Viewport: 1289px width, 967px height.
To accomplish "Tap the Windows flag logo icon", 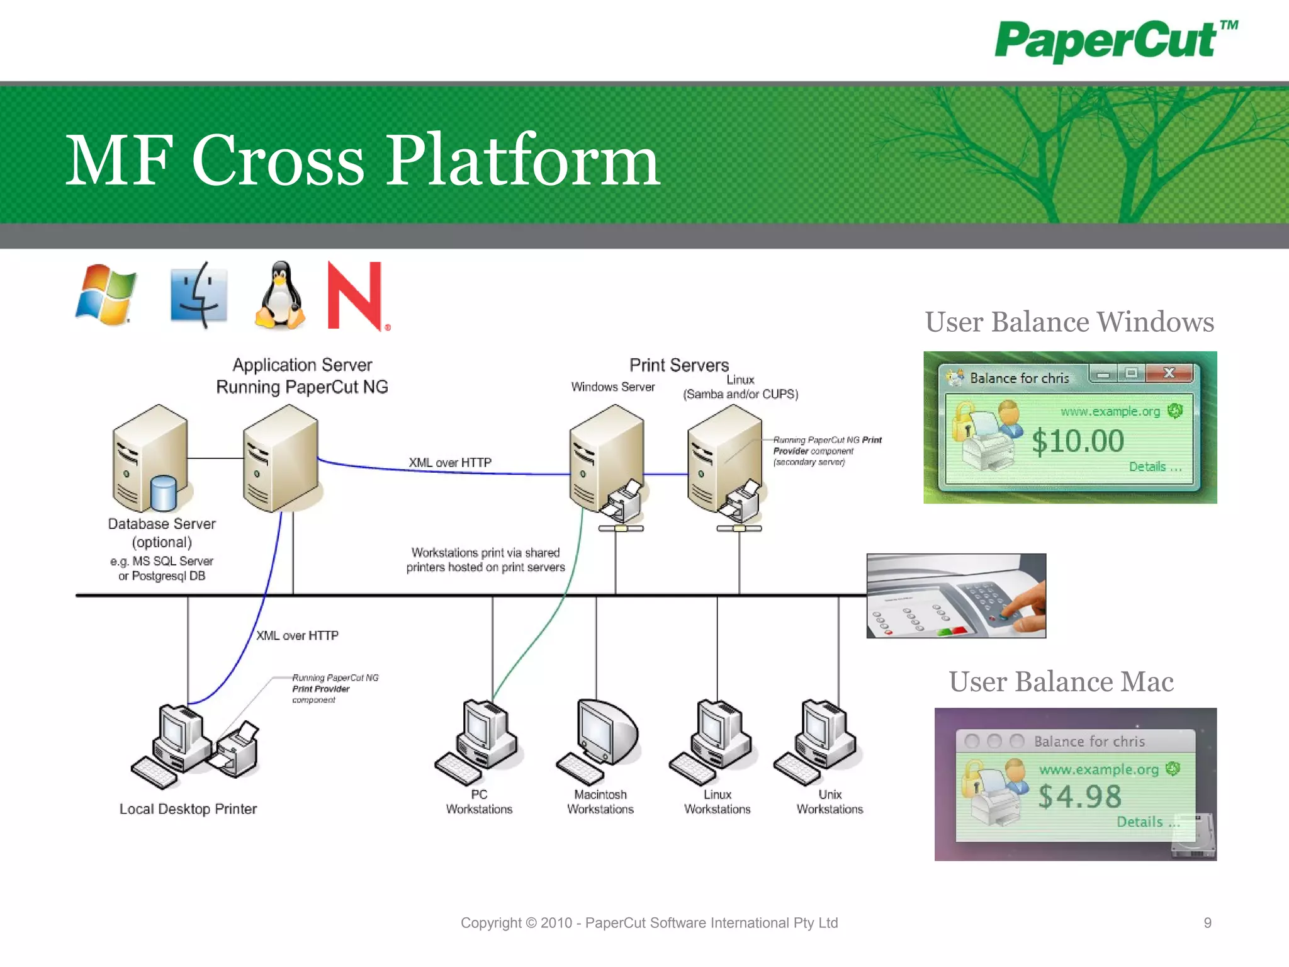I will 106,295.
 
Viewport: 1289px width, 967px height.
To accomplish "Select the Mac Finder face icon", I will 199,295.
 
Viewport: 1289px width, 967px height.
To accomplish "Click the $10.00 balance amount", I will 1078,441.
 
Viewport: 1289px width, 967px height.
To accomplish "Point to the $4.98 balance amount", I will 1079,796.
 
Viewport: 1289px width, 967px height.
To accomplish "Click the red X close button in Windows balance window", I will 1169,373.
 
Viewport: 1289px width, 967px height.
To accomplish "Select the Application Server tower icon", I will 281,458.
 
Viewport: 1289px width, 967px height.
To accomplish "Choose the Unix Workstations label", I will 830,802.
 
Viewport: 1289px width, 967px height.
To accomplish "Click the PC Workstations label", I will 479,802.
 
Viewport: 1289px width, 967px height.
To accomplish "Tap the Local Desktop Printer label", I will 188,809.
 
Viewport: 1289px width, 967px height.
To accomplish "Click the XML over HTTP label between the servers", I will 450,463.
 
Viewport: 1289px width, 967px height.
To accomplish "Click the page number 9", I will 1207,923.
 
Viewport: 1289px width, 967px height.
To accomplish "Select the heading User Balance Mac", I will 1061,682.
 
